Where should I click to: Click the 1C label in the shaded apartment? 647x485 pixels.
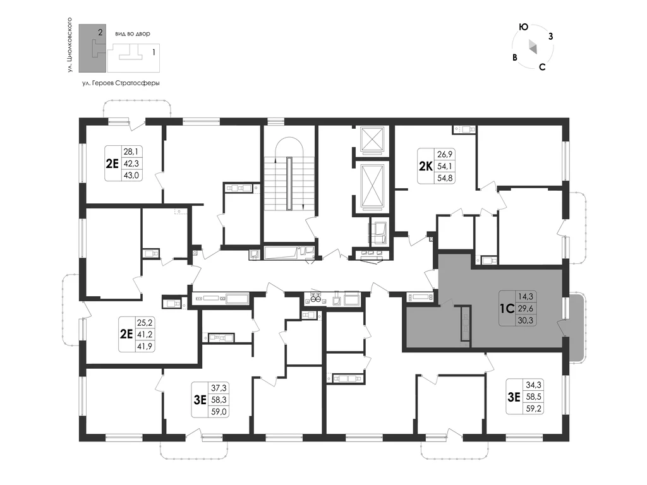(506, 308)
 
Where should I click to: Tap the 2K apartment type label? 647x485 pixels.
(425, 166)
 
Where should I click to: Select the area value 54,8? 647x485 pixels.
(445, 178)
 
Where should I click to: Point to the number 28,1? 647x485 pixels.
(131, 152)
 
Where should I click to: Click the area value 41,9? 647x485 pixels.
(145, 346)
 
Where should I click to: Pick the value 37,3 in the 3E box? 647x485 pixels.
(218, 388)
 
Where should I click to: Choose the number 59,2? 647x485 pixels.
(533, 409)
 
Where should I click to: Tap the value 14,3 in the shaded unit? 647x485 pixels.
(525, 296)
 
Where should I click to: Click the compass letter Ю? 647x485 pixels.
(523, 27)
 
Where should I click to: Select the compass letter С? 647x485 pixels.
(542, 67)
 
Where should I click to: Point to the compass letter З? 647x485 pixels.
(550, 36)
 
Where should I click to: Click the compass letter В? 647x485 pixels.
(514, 57)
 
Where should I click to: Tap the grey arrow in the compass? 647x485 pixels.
(533, 47)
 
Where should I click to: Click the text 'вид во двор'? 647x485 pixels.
(133, 34)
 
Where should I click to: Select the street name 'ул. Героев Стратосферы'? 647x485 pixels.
(121, 83)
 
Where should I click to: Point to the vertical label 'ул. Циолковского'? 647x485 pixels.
(70, 45)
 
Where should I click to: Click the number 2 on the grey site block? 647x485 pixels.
(100, 31)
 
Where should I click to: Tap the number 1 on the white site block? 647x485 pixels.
(154, 52)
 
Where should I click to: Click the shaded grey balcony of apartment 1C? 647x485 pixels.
(576, 327)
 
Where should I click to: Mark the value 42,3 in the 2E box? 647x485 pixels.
(131, 164)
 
